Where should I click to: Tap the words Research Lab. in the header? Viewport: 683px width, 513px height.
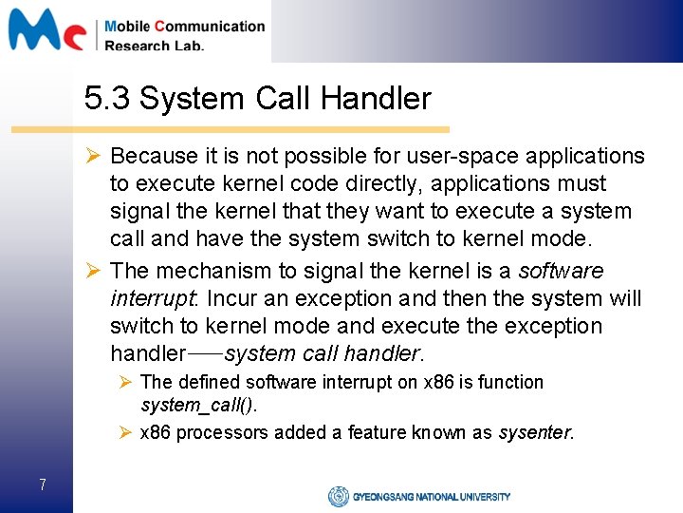154,45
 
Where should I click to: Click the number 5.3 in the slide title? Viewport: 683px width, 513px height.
107,98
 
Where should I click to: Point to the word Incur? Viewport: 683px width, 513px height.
233,298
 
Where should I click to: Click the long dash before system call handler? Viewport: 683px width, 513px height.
204,354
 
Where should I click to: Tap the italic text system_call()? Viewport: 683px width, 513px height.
198,406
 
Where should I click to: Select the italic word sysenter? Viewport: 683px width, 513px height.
535,433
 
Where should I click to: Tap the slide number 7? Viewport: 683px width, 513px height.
43,485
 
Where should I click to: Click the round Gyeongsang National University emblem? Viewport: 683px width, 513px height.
338,496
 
